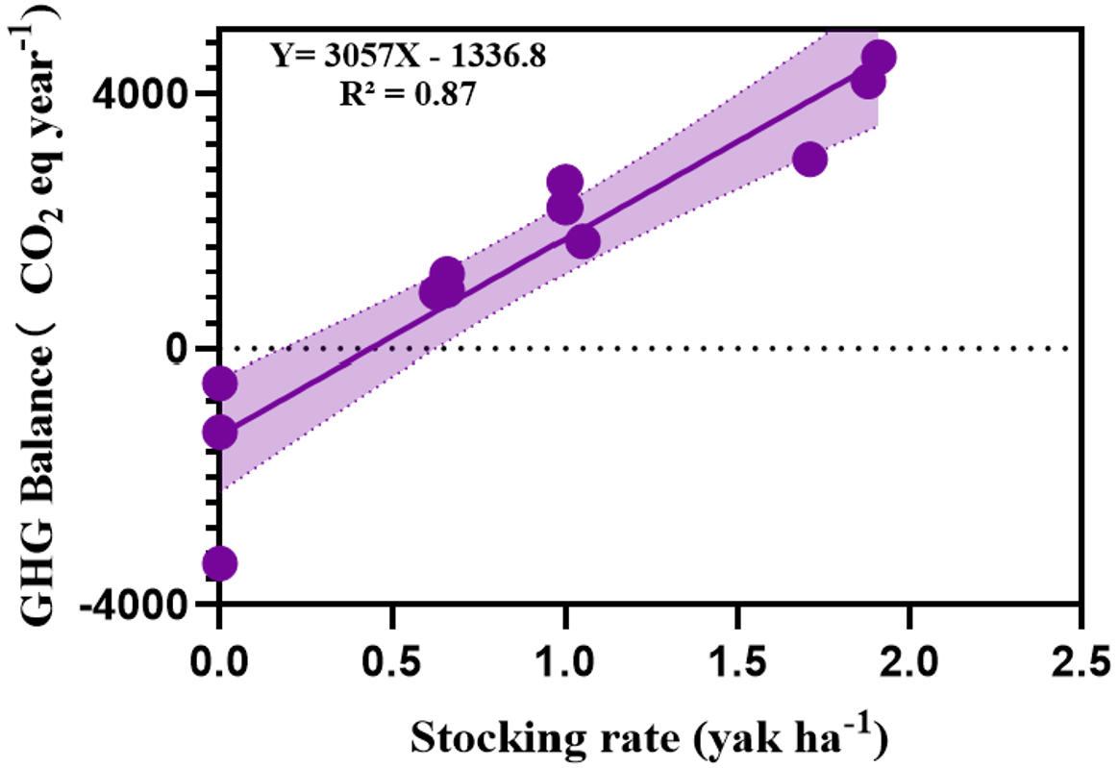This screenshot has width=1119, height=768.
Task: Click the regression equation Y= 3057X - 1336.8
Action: click(408, 57)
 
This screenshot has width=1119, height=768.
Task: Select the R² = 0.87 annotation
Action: click(408, 94)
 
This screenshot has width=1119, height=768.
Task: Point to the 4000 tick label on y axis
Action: click(137, 93)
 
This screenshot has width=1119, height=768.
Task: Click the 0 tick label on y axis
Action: click(175, 348)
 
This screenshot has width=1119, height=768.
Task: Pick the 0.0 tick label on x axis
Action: click(220, 663)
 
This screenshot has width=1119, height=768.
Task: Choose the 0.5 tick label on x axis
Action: click(392, 663)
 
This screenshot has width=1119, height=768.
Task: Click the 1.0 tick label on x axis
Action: click(565, 663)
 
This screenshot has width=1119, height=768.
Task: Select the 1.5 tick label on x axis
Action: click(737, 663)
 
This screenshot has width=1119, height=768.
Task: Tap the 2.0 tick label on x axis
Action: click(909, 663)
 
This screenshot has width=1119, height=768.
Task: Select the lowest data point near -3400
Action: click(220, 563)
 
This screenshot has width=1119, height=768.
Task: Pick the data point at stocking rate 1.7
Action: click(809, 159)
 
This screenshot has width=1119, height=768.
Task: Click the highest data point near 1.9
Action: click(878, 58)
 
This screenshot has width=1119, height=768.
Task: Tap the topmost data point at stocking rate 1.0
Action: click(565, 182)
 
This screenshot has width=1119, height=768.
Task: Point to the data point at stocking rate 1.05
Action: click(583, 241)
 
